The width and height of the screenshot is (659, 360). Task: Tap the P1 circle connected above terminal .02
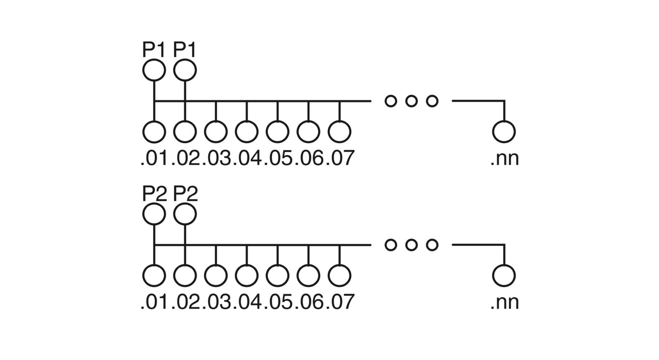click(x=185, y=70)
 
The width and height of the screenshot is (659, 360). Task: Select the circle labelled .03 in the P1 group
click(x=216, y=132)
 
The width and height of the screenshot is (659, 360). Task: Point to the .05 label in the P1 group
click(x=277, y=158)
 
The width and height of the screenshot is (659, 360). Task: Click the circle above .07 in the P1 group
click(x=339, y=132)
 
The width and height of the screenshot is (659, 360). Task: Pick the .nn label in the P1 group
click(x=504, y=158)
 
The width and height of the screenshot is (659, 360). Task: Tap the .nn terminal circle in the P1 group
click(x=503, y=132)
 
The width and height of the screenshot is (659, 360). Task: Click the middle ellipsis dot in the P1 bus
click(x=411, y=101)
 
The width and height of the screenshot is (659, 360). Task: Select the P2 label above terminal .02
click(x=185, y=194)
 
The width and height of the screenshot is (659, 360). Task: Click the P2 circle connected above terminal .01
click(x=154, y=214)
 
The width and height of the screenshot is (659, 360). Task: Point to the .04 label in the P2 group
click(x=246, y=302)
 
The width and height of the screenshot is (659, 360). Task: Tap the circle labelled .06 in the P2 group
click(x=308, y=276)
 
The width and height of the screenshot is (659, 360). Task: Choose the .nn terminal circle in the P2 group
click(x=503, y=276)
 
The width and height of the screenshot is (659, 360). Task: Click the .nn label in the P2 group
click(x=504, y=302)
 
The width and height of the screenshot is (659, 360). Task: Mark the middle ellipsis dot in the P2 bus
click(x=411, y=245)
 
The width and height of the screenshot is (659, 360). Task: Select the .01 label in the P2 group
click(x=154, y=302)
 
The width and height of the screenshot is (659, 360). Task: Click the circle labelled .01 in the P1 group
click(x=154, y=132)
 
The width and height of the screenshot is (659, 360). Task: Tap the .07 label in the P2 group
click(x=340, y=302)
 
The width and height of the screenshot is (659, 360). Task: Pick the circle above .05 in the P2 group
click(x=277, y=276)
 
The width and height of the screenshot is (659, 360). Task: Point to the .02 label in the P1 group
click(x=185, y=158)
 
